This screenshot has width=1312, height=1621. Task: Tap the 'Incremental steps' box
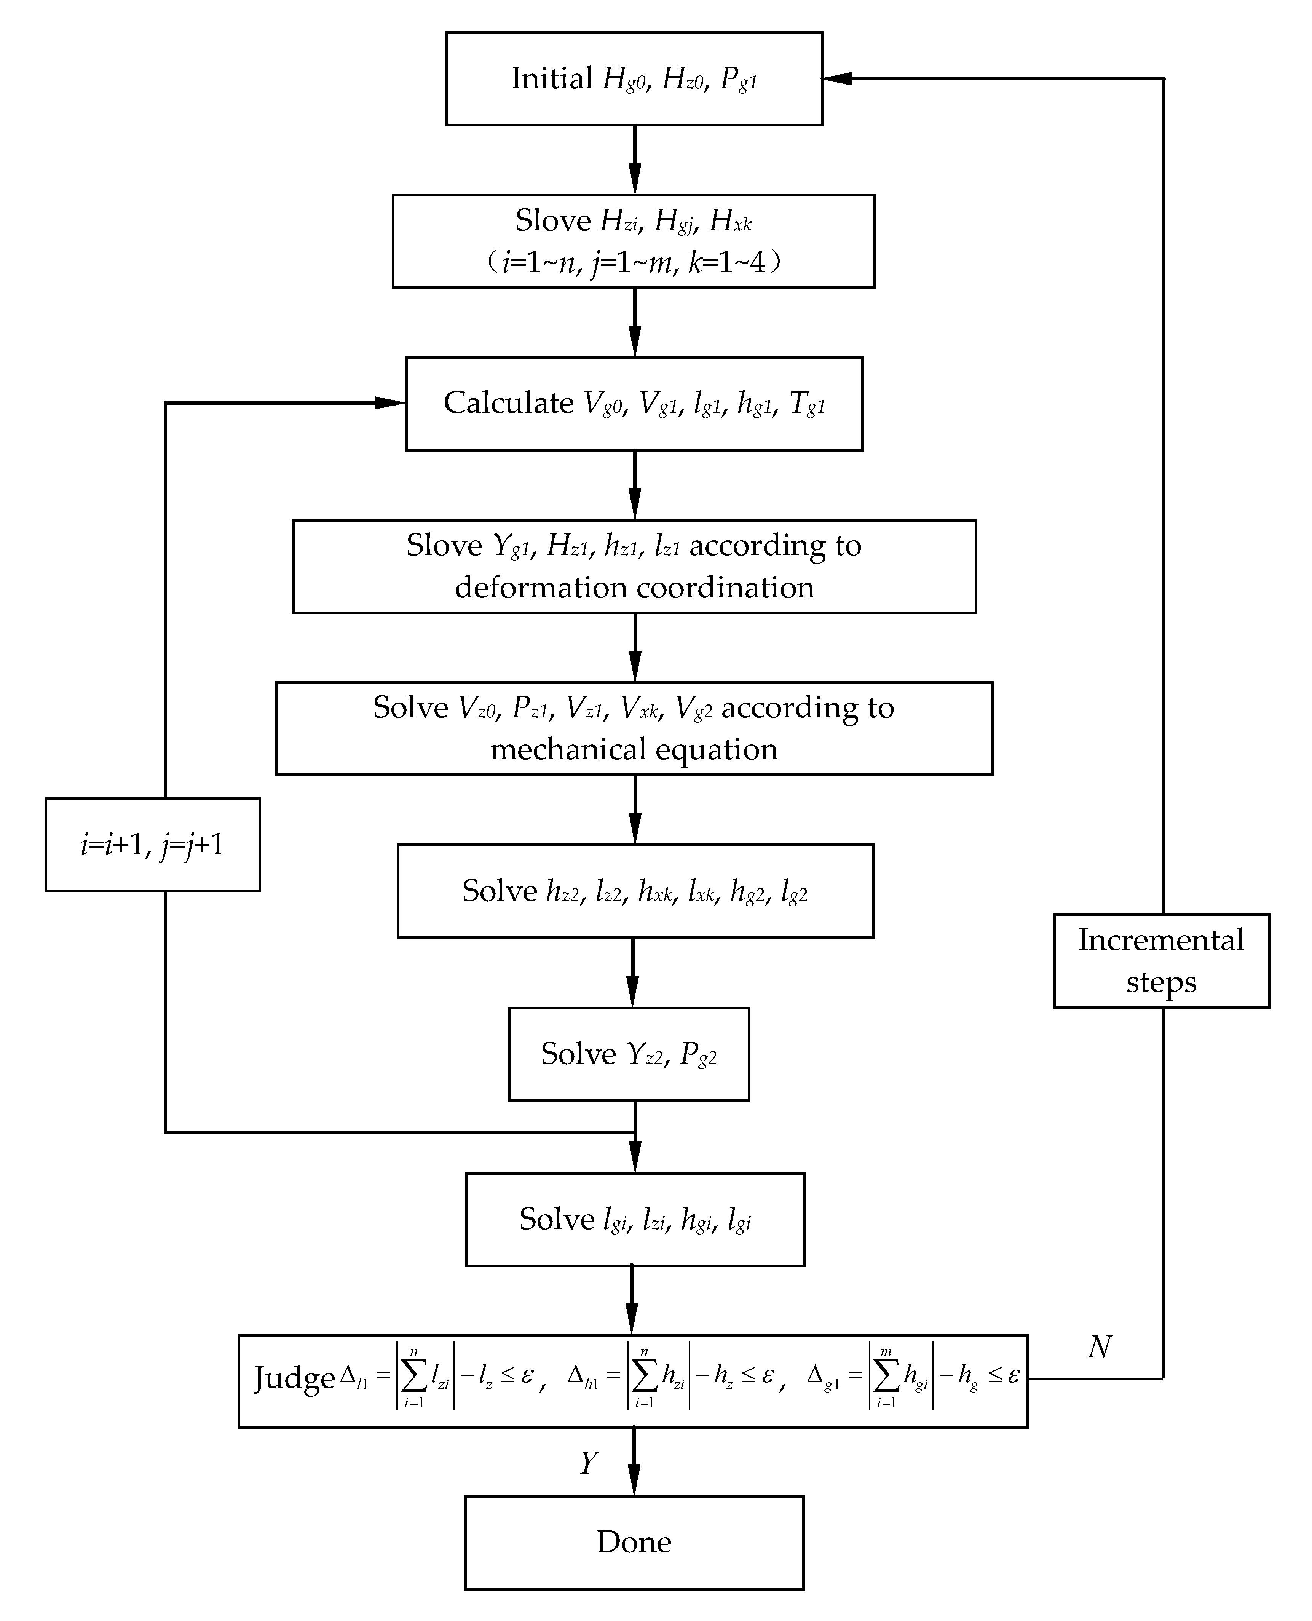pyautogui.click(x=1161, y=960)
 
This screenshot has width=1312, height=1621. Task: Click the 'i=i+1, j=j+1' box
pyautogui.click(x=153, y=844)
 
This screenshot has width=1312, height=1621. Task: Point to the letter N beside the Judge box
pyautogui.click(x=1100, y=1347)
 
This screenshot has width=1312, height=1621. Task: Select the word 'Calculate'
pyautogui.click(x=509, y=403)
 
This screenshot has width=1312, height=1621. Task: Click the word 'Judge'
pyautogui.click(x=294, y=1378)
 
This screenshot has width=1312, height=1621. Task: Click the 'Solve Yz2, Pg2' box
pyautogui.click(x=629, y=1054)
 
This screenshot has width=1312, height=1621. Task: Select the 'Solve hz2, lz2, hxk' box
pyautogui.click(x=635, y=891)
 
